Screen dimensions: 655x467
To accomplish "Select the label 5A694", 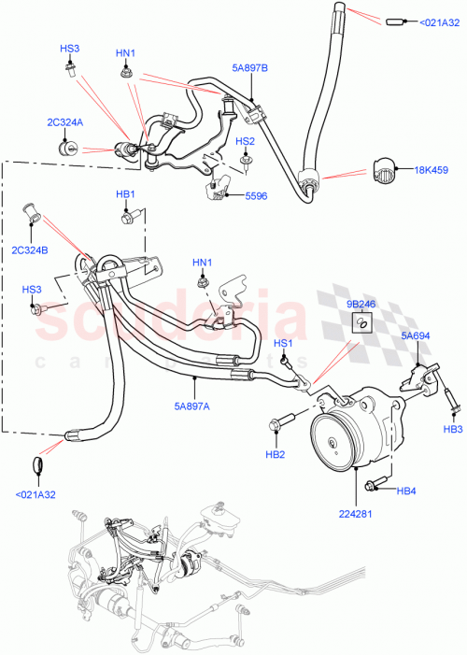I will (x=415, y=335).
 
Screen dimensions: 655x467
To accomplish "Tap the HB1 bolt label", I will (x=126, y=194).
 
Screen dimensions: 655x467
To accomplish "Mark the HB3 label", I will (x=452, y=429).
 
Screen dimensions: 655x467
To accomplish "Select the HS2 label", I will (x=245, y=141).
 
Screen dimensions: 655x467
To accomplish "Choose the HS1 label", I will (x=283, y=343).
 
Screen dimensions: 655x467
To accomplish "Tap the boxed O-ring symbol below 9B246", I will (x=359, y=323).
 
